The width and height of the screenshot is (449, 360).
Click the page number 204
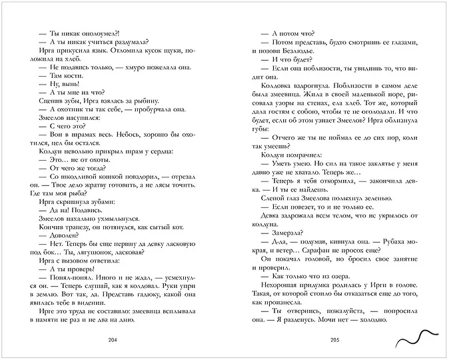click(x=112, y=339)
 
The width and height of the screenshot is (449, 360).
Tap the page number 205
click(x=334, y=339)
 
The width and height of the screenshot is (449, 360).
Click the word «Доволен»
click(x=60, y=253)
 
